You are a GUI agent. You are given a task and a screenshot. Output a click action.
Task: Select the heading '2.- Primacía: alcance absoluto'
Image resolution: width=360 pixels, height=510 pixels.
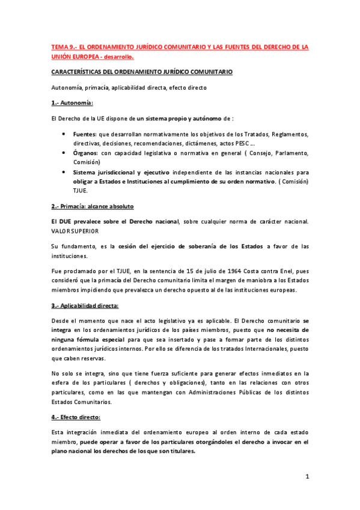pos(93,206)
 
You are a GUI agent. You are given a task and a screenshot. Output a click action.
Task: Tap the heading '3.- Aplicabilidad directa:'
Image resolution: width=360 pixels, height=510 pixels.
pos(85,306)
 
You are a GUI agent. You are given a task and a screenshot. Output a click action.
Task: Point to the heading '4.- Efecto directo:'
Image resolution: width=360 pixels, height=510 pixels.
pos(76,417)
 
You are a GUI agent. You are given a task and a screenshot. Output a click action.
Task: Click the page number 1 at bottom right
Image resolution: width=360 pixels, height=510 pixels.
pos(307,478)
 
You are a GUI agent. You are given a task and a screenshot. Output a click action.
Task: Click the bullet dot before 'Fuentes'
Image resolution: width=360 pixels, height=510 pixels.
pos(64,134)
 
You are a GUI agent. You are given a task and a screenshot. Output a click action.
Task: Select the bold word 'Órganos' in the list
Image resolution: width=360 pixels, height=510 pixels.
pos(85,153)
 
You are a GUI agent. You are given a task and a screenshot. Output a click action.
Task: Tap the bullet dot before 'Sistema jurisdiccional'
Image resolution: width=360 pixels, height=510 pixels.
pos(64,172)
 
